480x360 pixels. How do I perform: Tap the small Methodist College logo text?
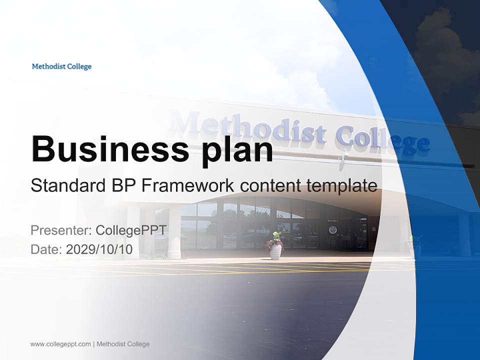(61, 66)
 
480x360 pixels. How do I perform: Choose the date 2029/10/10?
(99, 249)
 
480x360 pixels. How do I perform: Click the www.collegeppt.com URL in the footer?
(60, 344)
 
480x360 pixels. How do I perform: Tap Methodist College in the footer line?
(122, 344)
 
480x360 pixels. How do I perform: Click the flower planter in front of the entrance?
(275, 246)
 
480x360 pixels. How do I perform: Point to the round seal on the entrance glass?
(332, 230)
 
